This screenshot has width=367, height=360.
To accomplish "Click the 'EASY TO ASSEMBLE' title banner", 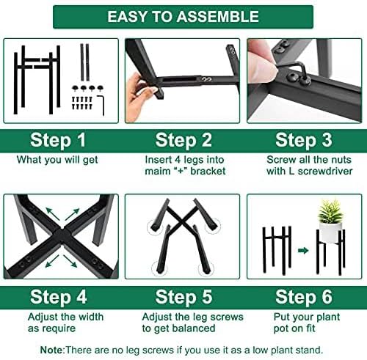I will [183, 16].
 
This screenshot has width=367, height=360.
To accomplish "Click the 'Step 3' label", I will [305, 140].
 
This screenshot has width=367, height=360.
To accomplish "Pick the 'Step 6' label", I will [305, 298].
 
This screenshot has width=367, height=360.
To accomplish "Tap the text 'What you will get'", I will [59, 158].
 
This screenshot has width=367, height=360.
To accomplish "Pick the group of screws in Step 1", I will [82, 98].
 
